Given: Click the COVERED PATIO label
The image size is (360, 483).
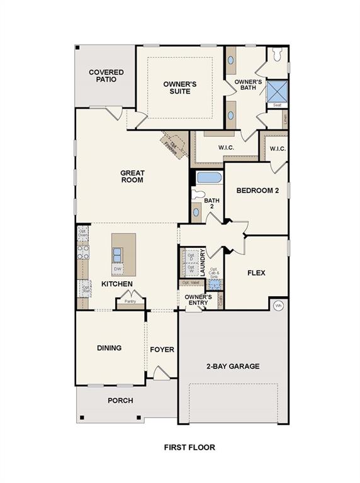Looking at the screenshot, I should tap(106, 76).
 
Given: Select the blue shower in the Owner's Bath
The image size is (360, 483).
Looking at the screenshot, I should tap(276, 91).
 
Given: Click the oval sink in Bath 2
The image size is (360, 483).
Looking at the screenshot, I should tap(196, 212).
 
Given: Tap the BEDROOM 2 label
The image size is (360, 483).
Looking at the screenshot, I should tap(257, 191).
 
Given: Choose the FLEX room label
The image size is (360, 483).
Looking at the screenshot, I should tap(256, 274).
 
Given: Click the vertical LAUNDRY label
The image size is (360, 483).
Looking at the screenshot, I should tap(203, 262).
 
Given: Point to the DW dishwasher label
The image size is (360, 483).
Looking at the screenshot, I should tap(117, 269).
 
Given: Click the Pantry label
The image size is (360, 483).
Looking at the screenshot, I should tap(130, 301).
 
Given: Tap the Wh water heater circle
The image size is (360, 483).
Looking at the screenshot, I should tap(279, 306).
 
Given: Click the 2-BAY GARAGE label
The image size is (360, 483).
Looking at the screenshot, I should tap(233, 366).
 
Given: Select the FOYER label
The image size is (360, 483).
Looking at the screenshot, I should tap(162, 350).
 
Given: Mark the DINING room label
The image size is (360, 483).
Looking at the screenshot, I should tap(109, 348).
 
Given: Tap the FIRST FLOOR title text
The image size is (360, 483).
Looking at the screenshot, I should tap(189, 448).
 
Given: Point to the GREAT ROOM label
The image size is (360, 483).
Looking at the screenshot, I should tap(133, 177).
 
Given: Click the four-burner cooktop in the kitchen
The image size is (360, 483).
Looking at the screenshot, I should tap(82, 252).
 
